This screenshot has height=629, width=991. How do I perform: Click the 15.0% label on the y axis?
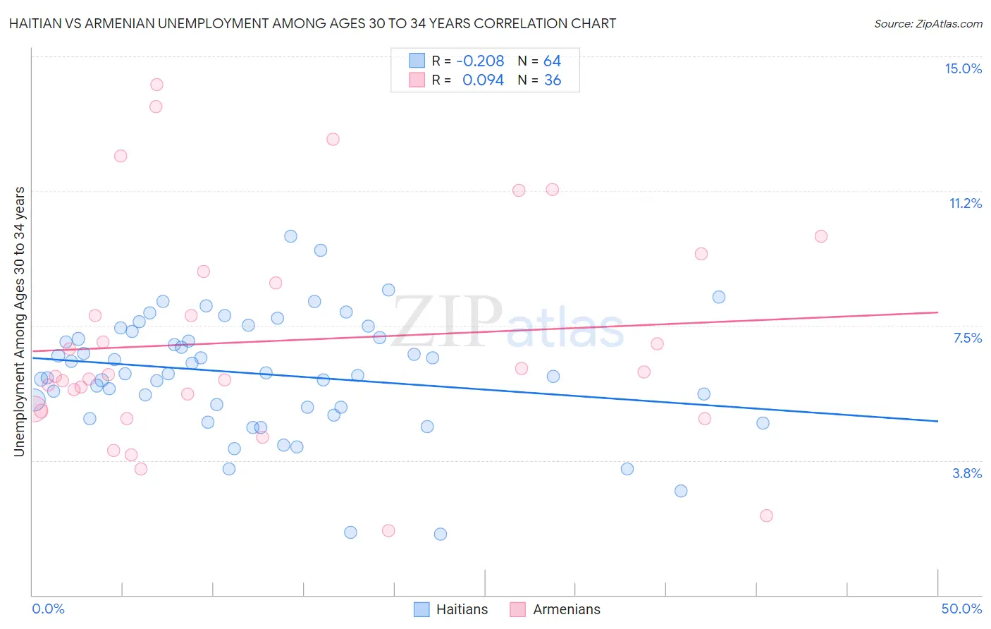(x=963, y=68)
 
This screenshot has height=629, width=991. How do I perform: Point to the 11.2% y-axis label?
(x=965, y=203)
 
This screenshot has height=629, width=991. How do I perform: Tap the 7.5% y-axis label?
(x=967, y=338)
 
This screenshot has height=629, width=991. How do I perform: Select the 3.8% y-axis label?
(x=967, y=473)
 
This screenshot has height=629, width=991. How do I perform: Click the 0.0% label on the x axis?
(x=48, y=609)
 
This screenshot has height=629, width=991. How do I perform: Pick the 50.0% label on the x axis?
(x=961, y=609)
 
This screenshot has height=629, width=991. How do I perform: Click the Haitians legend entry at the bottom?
(x=462, y=609)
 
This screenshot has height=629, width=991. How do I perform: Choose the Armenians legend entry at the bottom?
(x=567, y=609)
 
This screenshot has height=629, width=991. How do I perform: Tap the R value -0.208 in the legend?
(x=480, y=61)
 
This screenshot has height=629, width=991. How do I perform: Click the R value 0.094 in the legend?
(x=483, y=80)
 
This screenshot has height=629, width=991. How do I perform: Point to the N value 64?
(x=552, y=61)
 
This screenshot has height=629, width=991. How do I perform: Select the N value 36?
(x=553, y=80)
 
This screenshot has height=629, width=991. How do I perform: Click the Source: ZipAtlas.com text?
(x=928, y=23)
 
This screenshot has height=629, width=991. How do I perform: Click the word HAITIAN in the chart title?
(x=36, y=23)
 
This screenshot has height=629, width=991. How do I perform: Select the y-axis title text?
(x=20, y=322)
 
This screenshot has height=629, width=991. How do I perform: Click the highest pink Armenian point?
(x=156, y=85)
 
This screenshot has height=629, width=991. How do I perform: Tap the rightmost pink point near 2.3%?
(x=766, y=515)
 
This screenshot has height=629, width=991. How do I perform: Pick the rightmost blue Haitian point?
(x=763, y=423)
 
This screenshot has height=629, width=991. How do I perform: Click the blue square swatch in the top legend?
(x=417, y=61)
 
